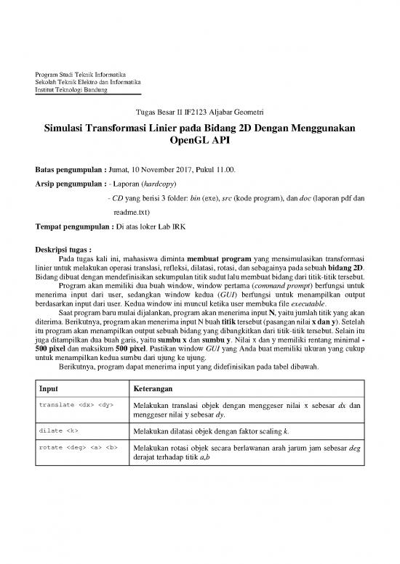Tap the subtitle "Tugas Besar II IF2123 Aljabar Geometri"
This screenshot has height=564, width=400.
point(200,113)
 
